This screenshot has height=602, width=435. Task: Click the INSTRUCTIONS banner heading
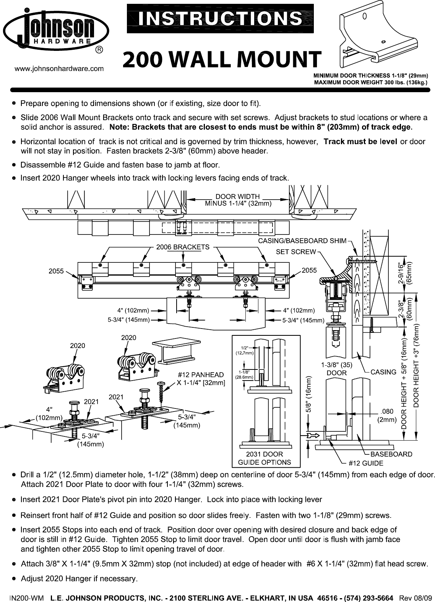pos(220,18)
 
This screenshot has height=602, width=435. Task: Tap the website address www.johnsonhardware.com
pos(59,69)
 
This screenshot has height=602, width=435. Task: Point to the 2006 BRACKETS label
pos(183,247)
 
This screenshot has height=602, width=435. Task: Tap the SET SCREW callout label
pos(296,252)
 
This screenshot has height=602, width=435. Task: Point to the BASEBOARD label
pos(391,454)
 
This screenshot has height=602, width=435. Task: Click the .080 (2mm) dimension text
pos(387,415)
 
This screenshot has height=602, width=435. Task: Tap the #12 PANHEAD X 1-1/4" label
pos(200,379)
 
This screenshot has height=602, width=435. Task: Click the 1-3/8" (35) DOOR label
pos(336,369)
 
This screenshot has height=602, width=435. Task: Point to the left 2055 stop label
pos(56,271)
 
